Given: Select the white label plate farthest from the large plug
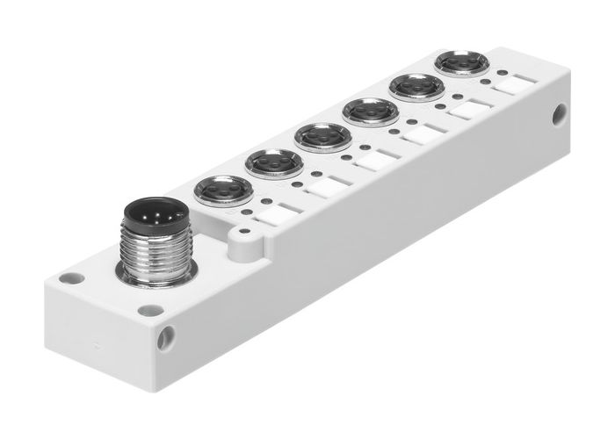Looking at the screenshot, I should [x=512, y=85].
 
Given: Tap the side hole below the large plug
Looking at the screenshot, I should [x=167, y=334].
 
